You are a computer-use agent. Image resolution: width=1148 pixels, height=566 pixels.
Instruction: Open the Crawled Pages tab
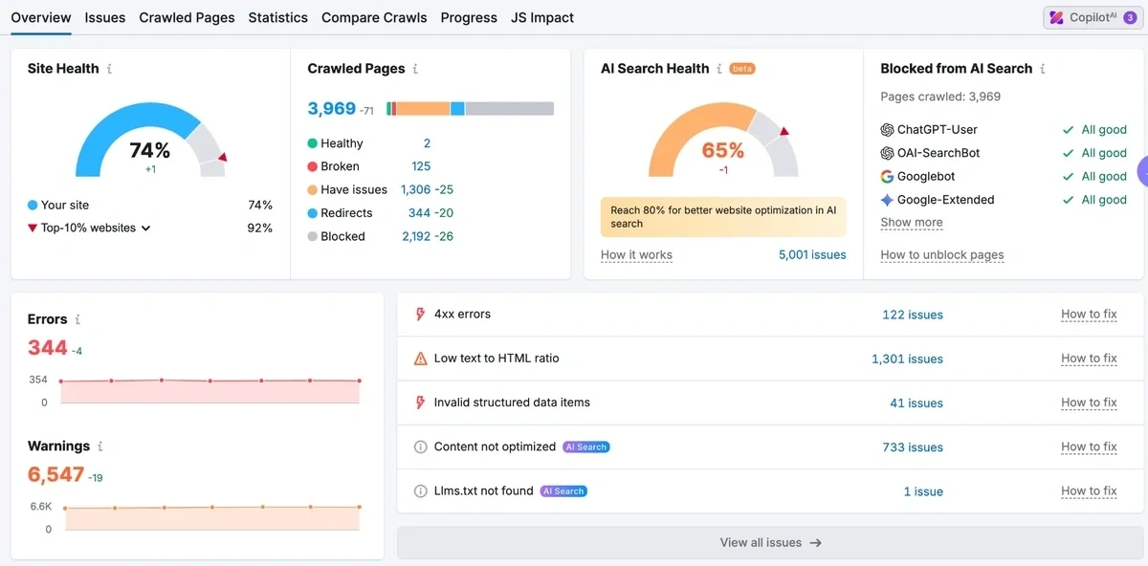pyautogui.click(x=187, y=17)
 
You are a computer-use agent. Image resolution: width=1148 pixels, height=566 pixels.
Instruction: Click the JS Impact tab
pyautogui.click(x=542, y=17)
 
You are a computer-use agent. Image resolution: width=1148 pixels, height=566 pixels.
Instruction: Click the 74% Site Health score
pyautogui.click(x=150, y=150)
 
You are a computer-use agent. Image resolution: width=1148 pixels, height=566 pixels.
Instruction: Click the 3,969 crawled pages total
pyautogui.click(x=331, y=109)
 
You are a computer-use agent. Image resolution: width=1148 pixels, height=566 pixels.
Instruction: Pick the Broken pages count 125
pyautogui.click(x=421, y=166)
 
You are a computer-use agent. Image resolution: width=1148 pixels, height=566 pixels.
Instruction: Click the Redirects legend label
pyautogui.click(x=346, y=213)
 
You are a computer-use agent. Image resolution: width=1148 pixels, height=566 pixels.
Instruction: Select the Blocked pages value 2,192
pyautogui.click(x=416, y=236)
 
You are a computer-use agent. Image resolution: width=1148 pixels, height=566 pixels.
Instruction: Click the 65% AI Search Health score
pyautogui.click(x=722, y=150)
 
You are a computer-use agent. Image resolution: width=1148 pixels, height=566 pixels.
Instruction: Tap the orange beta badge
pyautogui.click(x=742, y=69)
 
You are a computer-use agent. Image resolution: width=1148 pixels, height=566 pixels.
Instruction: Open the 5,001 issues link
pyautogui.click(x=812, y=254)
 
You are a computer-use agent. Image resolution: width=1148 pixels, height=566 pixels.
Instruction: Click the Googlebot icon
pyautogui.click(x=887, y=177)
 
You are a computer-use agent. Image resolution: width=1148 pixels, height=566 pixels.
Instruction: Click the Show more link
pyautogui.click(x=912, y=223)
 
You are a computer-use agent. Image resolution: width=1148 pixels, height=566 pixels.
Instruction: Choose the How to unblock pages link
pyautogui.click(x=941, y=254)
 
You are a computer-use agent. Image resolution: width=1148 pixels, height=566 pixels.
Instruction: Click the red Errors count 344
pyautogui.click(x=48, y=348)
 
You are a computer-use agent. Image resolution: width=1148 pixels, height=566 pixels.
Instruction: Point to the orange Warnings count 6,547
pyautogui.click(x=55, y=475)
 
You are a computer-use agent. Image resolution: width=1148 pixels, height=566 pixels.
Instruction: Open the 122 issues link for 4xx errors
pyautogui.click(x=913, y=315)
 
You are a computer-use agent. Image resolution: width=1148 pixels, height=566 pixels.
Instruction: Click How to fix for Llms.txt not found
pyautogui.click(x=1089, y=491)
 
